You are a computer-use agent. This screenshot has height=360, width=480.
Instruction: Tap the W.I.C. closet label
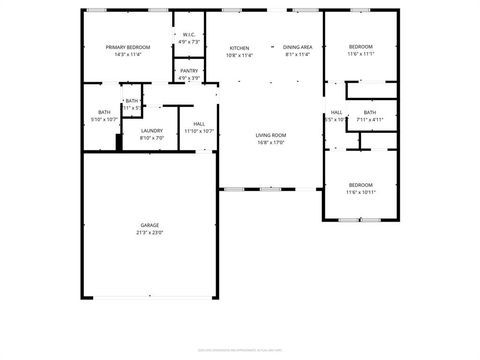[x=189, y=36]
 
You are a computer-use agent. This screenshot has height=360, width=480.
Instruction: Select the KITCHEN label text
[x=239, y=47]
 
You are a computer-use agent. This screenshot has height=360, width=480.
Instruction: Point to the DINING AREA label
[x=297, y=47]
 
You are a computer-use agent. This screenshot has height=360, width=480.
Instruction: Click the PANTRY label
[x=189, y=71]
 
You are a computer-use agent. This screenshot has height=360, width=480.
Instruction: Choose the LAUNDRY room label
[x=152, y=131]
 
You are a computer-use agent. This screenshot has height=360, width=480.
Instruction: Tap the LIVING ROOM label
[x=271, y=135]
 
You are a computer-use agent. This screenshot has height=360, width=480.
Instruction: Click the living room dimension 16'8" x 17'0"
[x=271, y=142]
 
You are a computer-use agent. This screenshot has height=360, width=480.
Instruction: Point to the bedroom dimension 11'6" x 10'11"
[x=361, y=191]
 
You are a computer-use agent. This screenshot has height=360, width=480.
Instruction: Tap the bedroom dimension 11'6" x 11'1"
[x=361, y=55]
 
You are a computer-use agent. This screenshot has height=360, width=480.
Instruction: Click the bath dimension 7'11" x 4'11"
[x=370, y=119]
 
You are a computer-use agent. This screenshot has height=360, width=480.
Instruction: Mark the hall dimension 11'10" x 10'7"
[x=200, y=131]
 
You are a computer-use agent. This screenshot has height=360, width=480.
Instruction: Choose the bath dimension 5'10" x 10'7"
[x=104, y=119]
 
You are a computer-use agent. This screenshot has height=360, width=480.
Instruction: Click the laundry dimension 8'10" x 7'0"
[x=152, y=138]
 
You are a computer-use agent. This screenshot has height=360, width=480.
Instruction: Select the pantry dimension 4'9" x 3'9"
[x=189, y=78]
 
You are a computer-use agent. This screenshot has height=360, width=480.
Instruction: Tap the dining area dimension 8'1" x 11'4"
[x=297, y=55]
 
